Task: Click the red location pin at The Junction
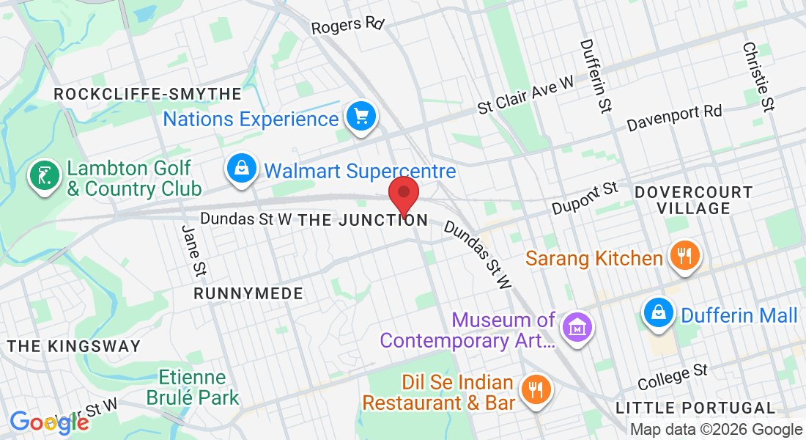point(403,194)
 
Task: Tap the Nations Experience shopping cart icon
point(361,116)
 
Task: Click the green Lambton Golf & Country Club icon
point(45,176)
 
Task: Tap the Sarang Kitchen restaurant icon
point(684,256)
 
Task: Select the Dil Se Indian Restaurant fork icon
point(536,389)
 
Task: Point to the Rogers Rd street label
point(347,26)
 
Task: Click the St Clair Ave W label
point(525,96)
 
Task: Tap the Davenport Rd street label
point(674,117)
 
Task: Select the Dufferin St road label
point(595,76)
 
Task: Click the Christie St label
point(758,76)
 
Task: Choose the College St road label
point(673,377)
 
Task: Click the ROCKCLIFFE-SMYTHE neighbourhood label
point(147,95)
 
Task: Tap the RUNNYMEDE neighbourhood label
point(248,293)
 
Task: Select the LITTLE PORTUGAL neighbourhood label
point(695,408)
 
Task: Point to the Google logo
point(48,423)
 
